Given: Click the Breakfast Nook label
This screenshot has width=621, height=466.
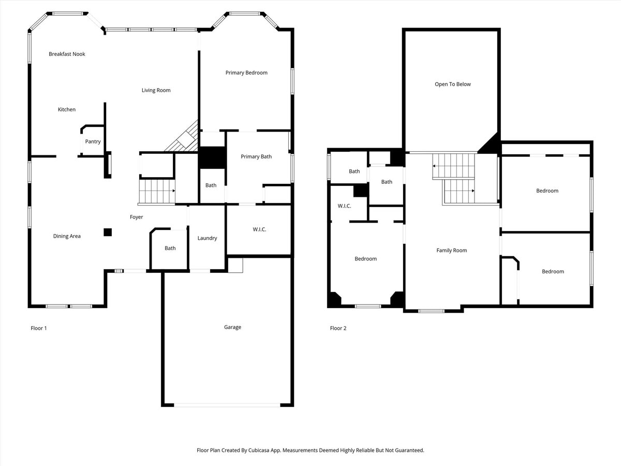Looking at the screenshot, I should click(x=67, y=54).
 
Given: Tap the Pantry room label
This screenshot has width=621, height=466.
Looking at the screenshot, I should click(x=93, y=141).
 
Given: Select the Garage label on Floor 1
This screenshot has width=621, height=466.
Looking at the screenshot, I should click(x=232, y=327).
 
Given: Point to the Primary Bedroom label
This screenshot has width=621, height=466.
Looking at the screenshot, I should click(x=246, y=73).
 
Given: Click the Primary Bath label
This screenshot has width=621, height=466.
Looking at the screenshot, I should click(x=256, y=156).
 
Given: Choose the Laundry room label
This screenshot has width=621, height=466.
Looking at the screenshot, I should click(x=207, y=238).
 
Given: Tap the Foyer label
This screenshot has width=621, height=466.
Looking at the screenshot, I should click(x=136, y=217).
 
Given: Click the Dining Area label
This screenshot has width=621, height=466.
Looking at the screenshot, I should click(x=67, y=236).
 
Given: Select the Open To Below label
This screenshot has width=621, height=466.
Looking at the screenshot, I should click(x=452, y=84).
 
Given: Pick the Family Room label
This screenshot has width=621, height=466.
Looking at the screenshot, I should click(x=451, y=251).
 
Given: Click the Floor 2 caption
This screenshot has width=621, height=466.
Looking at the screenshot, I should click(x=338, y=328).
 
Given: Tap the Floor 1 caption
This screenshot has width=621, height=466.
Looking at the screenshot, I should click(x=39, y=328).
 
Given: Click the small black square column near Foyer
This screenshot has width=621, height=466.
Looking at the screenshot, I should click(x=107, y=232).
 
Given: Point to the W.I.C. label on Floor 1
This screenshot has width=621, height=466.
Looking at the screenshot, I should click(x=259, y=229).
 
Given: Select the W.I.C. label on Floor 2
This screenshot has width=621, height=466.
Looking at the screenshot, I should click(x=344, y=206).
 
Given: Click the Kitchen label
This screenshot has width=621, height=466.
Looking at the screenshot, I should click(x=67, y=109).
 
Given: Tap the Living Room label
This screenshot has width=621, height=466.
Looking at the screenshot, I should click(x=156, y=91).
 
